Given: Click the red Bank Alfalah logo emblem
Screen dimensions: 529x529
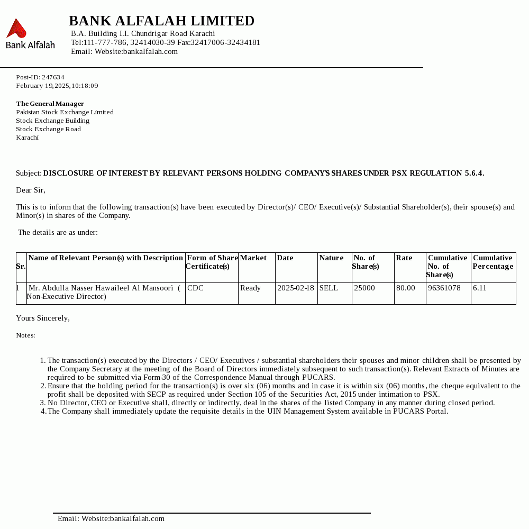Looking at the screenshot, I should point(16,29).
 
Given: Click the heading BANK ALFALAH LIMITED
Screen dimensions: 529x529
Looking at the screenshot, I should point(161,21).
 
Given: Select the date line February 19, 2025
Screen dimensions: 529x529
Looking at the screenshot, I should point(57,86).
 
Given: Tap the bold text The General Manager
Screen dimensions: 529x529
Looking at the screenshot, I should point(50,104).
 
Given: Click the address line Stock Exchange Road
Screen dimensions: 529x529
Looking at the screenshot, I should point(48,129).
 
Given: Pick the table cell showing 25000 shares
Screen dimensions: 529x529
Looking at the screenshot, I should point(364,288).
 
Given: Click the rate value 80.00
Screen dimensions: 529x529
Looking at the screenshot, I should point(406,288).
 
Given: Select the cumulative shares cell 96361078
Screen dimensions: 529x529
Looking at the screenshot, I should point(444,288).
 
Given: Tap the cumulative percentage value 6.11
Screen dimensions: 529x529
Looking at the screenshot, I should point(480,288).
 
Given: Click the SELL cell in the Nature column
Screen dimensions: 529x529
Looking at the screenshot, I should point(329,288).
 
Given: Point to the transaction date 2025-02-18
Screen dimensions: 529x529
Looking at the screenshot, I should point(296,288).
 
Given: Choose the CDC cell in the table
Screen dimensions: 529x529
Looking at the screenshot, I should point(195,288).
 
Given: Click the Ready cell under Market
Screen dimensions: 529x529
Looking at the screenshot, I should point(250,288).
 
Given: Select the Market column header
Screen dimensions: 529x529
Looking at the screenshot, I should point(253,258).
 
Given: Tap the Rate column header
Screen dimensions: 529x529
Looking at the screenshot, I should point(404,258).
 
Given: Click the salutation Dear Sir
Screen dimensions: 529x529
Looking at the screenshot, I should point(31,190).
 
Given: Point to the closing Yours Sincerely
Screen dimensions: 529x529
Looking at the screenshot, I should point(43,318).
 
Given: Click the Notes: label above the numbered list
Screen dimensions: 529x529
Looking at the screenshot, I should point(25,335).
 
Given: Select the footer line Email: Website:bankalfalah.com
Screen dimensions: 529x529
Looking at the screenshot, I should point(111,519).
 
